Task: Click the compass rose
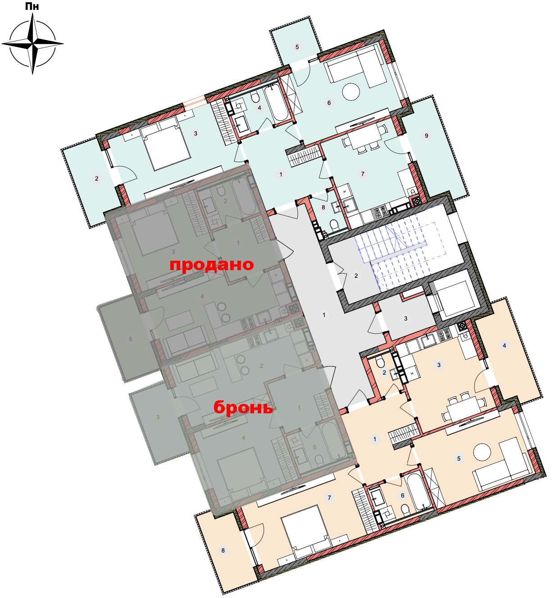point(32,44)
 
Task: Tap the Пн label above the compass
point(32,6)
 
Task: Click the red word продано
point(212,265)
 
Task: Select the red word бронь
point(243,408)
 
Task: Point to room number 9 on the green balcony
point(426,136)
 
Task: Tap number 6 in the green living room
point(329,103)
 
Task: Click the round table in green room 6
point(351,91)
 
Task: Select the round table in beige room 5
point(482,452)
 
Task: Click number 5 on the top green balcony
point(297,47)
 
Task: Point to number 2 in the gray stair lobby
point(356,276)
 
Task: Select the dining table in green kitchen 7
point(364,139)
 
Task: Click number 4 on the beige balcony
point(505,346)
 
